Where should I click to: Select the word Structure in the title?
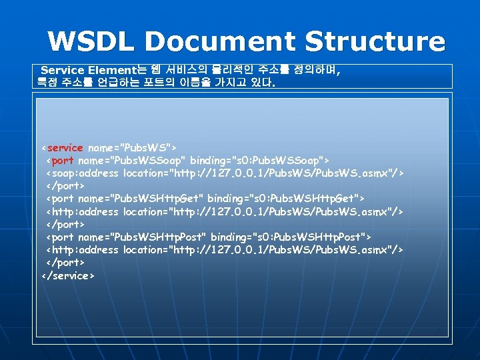coord(375,41)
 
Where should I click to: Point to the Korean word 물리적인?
coord(231,70)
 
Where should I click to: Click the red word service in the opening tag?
coord(65,147)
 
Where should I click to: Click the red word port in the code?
coord(62,160)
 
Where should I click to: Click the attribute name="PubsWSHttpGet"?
coord(140,198)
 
